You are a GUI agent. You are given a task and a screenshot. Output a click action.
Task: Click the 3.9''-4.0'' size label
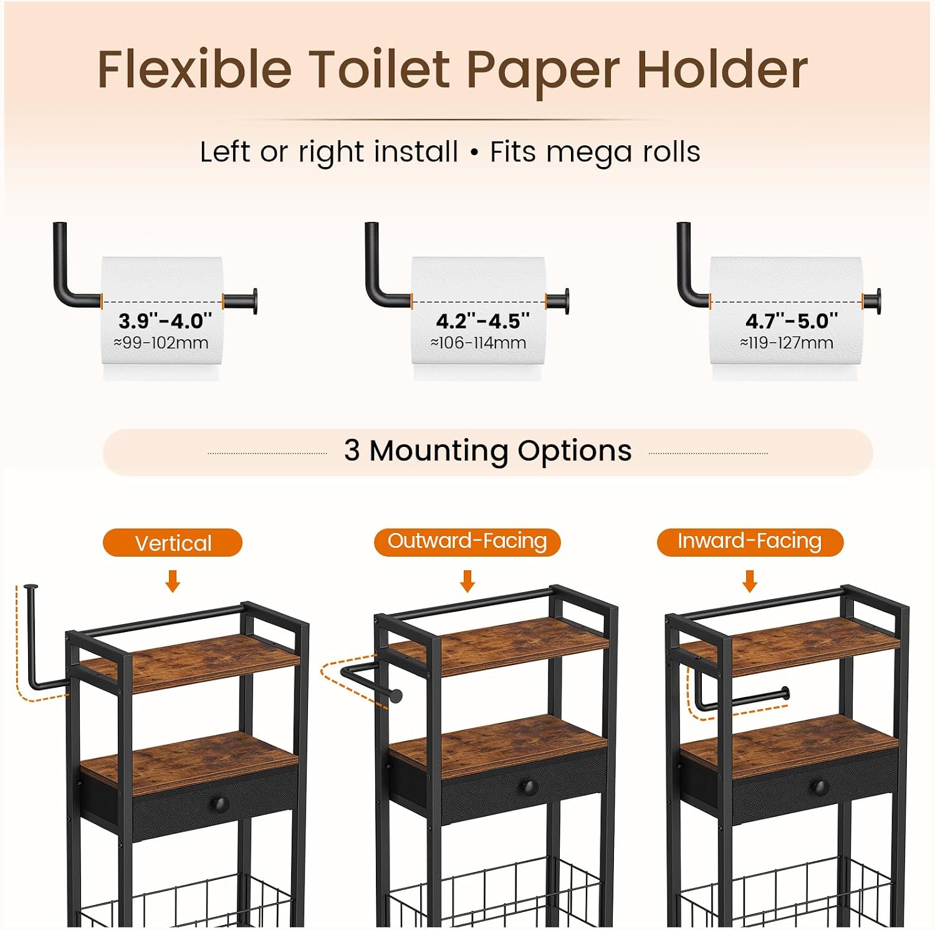(x=165, y=321)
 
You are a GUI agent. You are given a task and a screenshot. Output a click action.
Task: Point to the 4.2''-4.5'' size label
(x=482, y=321)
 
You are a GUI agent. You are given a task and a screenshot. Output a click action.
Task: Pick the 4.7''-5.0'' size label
(x=792, y=321)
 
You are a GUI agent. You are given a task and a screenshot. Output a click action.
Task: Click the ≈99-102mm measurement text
(x=161, y=343)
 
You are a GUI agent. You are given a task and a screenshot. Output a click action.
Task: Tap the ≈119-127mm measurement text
(x=787, y=343)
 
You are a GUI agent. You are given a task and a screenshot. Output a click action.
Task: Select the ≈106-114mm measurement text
(x=478, y=343)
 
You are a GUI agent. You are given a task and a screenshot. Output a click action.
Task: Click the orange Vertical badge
(x=173, y=542)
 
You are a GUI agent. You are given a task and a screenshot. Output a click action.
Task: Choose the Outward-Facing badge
(x=467, y=542)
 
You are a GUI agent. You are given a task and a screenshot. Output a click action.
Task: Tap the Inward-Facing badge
(x=750, y=542)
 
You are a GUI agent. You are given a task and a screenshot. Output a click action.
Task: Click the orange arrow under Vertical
(x=173, y=581)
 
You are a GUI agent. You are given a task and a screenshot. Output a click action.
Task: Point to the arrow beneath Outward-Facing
(x=467, y=581)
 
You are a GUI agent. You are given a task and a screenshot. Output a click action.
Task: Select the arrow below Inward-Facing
(x=750, y=581)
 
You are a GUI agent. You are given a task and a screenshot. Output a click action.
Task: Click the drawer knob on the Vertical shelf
(x=219, y=804)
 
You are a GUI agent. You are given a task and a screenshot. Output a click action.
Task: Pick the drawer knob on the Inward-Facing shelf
(x=820, y=787)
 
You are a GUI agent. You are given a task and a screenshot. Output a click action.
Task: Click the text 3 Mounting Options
(x=487, y=451)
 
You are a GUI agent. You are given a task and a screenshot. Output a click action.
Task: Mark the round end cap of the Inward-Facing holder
(x=786, y=693)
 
